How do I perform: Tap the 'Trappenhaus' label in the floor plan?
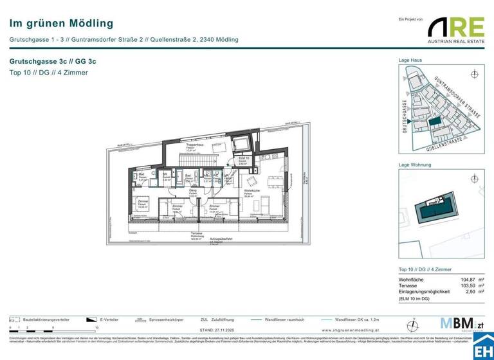[x=195, y=146]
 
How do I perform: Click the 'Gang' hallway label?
[x=192, y=191]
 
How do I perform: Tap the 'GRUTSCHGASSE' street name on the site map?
[x=405, y=116]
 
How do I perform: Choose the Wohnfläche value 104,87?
[x=470, y=280]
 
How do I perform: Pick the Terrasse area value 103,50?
[x=470, y=287]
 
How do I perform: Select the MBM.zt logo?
[x=457, y=323]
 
